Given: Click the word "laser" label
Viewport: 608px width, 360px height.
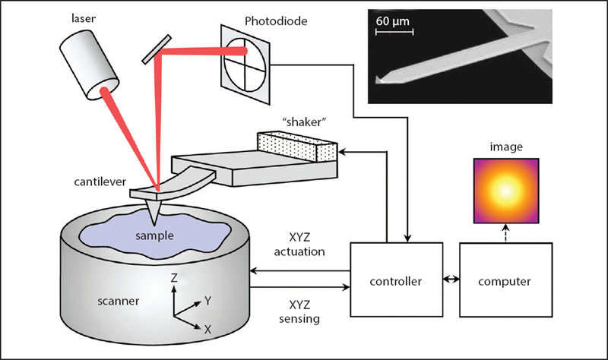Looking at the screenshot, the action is (x=84, y=18).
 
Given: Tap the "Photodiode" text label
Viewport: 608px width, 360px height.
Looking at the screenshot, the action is (x=276, y=21).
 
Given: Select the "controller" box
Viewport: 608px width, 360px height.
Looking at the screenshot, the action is (x=396, y=279).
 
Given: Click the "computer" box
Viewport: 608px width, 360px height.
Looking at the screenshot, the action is (x=505, y=279).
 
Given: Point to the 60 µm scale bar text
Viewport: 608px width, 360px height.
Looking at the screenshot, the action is (x=392, y=21).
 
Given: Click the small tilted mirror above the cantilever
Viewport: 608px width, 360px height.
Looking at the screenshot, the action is (x=157, y=49).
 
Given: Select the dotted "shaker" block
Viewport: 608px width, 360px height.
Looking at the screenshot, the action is (x=297, y=147).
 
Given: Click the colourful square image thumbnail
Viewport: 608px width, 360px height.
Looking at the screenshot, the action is (x=506, y=191).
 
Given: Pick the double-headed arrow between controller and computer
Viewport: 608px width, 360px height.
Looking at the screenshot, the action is (x=451, y=279).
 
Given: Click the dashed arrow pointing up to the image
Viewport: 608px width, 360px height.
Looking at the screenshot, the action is (x=505, y=233).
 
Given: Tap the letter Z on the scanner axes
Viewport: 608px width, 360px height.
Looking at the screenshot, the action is (x=174, y=278).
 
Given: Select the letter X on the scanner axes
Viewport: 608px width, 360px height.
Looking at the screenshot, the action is (x=207, y=330).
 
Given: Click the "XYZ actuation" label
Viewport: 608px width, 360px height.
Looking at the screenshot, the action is (x=299, y=245).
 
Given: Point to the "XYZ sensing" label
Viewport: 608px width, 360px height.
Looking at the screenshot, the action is (x=299, y=311).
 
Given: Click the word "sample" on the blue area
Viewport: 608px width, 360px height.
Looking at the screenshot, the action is (x=154, y=236).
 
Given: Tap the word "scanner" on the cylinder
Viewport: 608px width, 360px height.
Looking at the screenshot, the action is (x=119, y=301).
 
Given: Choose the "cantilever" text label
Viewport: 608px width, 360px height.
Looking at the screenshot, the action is (x=100, y=182).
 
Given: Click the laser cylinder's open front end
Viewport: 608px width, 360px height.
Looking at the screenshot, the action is (x=103, y=89).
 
